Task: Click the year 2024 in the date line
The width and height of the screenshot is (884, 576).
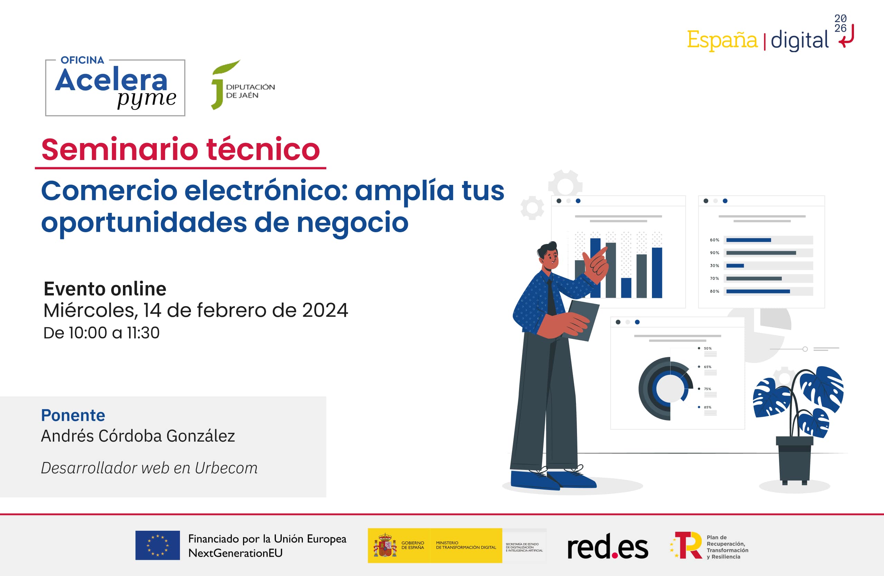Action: [x=325, y=310]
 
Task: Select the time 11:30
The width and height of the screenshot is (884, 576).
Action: [x=143, y=333]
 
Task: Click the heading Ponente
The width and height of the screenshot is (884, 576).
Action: [x=73, y=415]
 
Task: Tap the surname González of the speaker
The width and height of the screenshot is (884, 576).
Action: [x=201, y=436]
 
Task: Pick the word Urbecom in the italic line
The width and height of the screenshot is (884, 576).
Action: [x=226, y=468]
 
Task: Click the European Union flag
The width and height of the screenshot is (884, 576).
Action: [x=157, y=545]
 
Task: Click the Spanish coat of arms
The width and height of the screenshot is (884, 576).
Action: [x=385, y=546]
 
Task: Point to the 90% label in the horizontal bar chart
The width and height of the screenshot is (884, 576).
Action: [x=714, y=253]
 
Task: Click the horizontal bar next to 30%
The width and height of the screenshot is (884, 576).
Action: [x=735, y=266]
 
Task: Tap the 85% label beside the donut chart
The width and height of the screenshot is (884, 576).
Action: [x=708, y=407]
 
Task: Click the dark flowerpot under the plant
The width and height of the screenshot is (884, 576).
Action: [x=795, y=461]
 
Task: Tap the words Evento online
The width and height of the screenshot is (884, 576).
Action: [x=105, y=289]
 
